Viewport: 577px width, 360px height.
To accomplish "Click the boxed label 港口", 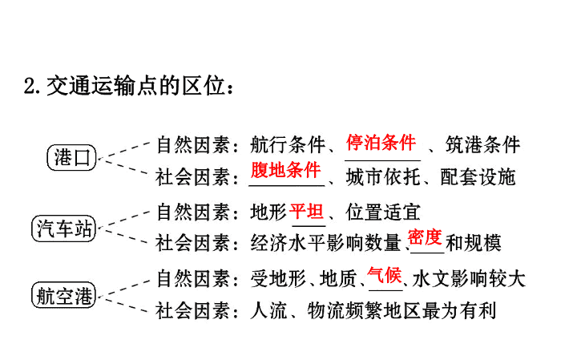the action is [72, 157].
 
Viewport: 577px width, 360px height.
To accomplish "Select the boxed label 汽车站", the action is [63, 229].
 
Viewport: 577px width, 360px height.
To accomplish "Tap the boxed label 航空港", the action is [63, 295].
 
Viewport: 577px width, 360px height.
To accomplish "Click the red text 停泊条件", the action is [381, 143].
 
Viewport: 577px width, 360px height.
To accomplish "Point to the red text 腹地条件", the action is [285, 170].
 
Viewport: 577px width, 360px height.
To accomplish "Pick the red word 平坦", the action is [306, 212].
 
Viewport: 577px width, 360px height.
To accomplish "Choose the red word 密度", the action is [425, 237].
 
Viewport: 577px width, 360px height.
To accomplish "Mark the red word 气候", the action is [384, 275].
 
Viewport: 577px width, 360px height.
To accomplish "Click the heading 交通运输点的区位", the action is [135, 87].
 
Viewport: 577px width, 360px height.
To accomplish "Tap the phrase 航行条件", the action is [288, 144].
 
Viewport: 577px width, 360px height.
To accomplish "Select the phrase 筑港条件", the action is [482, 144].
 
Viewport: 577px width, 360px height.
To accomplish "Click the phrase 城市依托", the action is [383, 177].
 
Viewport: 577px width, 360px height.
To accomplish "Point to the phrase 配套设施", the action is [478, 177].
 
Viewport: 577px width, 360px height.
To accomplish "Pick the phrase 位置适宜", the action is [383, 212].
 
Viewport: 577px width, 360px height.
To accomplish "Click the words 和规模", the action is [474, 243].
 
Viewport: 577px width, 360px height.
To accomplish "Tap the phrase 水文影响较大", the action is [469, 279].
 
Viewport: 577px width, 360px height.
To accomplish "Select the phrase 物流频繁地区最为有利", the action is [401, 310].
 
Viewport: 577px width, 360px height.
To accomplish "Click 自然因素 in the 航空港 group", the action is [194, 279].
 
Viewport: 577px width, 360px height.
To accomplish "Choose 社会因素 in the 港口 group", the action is [194, 177].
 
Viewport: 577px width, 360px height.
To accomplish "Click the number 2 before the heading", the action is [30, 87].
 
